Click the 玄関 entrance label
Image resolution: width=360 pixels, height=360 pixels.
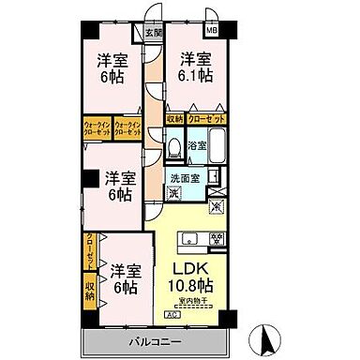tap(152, 33)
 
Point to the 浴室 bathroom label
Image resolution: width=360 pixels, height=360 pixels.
tap(196, 146)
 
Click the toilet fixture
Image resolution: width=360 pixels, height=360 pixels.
tap(172, 148)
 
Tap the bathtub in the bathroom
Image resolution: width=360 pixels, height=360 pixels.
tap(217, 147)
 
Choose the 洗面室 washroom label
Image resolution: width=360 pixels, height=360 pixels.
tap(185, 179)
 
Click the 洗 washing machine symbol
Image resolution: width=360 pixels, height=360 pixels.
tap(172, 194)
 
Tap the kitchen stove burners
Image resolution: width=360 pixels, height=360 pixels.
tap(217, 236)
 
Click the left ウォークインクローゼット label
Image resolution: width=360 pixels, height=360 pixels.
tap(97, 129)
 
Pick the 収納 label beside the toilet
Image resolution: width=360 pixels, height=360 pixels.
tap(174, 119)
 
